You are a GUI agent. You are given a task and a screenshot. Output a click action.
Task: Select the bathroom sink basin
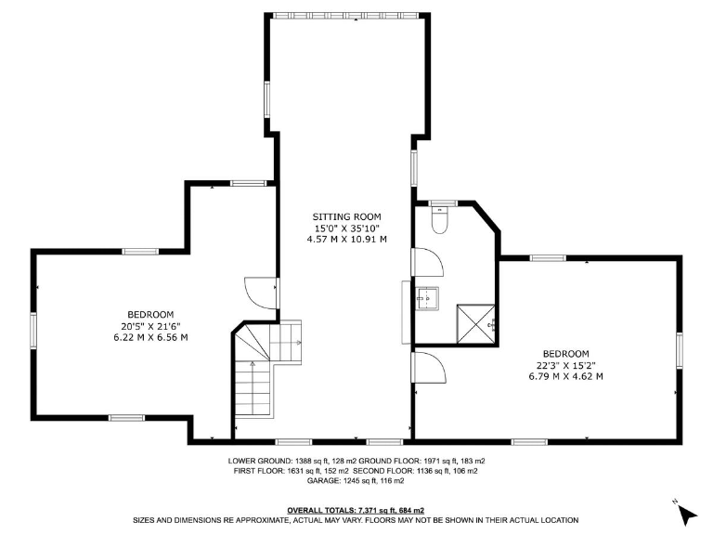426,298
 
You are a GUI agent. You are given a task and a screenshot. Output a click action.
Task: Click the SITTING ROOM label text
346,216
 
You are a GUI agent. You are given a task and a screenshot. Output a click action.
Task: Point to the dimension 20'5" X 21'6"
150,326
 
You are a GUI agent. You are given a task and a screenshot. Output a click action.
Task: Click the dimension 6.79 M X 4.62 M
565,376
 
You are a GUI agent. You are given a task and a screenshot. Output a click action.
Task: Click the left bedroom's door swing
259,294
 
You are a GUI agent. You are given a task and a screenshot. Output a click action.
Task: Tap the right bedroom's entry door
428,369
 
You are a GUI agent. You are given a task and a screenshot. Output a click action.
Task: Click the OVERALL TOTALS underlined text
356,510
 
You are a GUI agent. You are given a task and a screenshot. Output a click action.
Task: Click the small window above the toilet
443,202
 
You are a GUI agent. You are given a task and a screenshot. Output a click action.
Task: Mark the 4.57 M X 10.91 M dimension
346,239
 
